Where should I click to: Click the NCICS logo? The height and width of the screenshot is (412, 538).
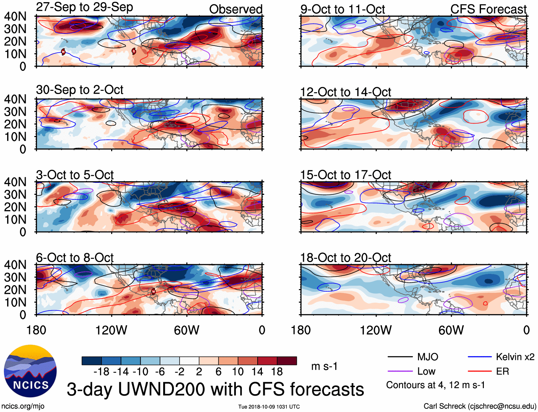30,371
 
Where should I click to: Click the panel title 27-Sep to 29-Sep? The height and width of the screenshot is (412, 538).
84,7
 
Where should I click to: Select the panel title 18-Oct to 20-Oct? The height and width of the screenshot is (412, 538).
345,257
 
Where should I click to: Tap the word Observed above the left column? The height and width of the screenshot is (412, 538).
236,9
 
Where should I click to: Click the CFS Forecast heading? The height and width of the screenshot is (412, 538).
488,9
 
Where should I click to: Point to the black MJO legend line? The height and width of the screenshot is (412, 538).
399,357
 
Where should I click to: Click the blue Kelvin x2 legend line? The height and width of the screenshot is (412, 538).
479,357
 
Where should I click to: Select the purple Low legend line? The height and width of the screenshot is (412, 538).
399,371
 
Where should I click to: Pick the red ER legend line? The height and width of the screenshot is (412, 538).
479,371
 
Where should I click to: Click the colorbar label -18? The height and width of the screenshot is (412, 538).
102,372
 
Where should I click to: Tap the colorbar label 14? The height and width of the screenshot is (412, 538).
257,372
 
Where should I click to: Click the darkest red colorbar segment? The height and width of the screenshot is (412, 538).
287,361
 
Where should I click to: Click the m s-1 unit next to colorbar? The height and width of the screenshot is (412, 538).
324,366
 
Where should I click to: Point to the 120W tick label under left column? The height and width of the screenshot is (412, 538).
111,330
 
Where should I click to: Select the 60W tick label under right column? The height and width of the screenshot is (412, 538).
451,330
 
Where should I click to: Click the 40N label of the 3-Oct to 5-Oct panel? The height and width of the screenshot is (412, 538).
15,182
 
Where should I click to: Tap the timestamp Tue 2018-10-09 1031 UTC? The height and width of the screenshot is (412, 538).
269,407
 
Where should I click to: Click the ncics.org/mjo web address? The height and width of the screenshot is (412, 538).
23,406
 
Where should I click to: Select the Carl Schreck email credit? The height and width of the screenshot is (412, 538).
480,406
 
